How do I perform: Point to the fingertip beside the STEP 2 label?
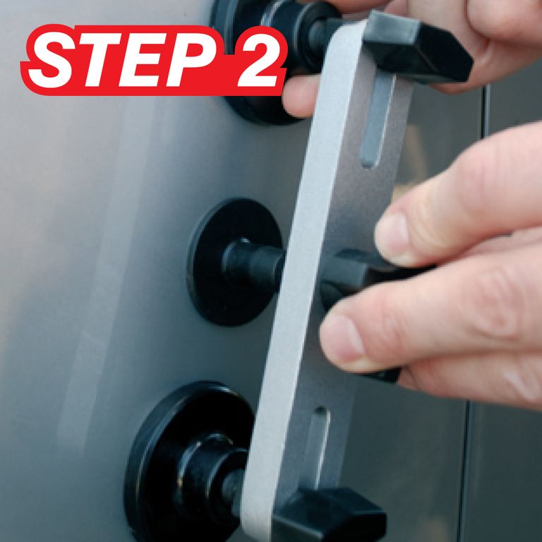[x=301, y=97]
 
